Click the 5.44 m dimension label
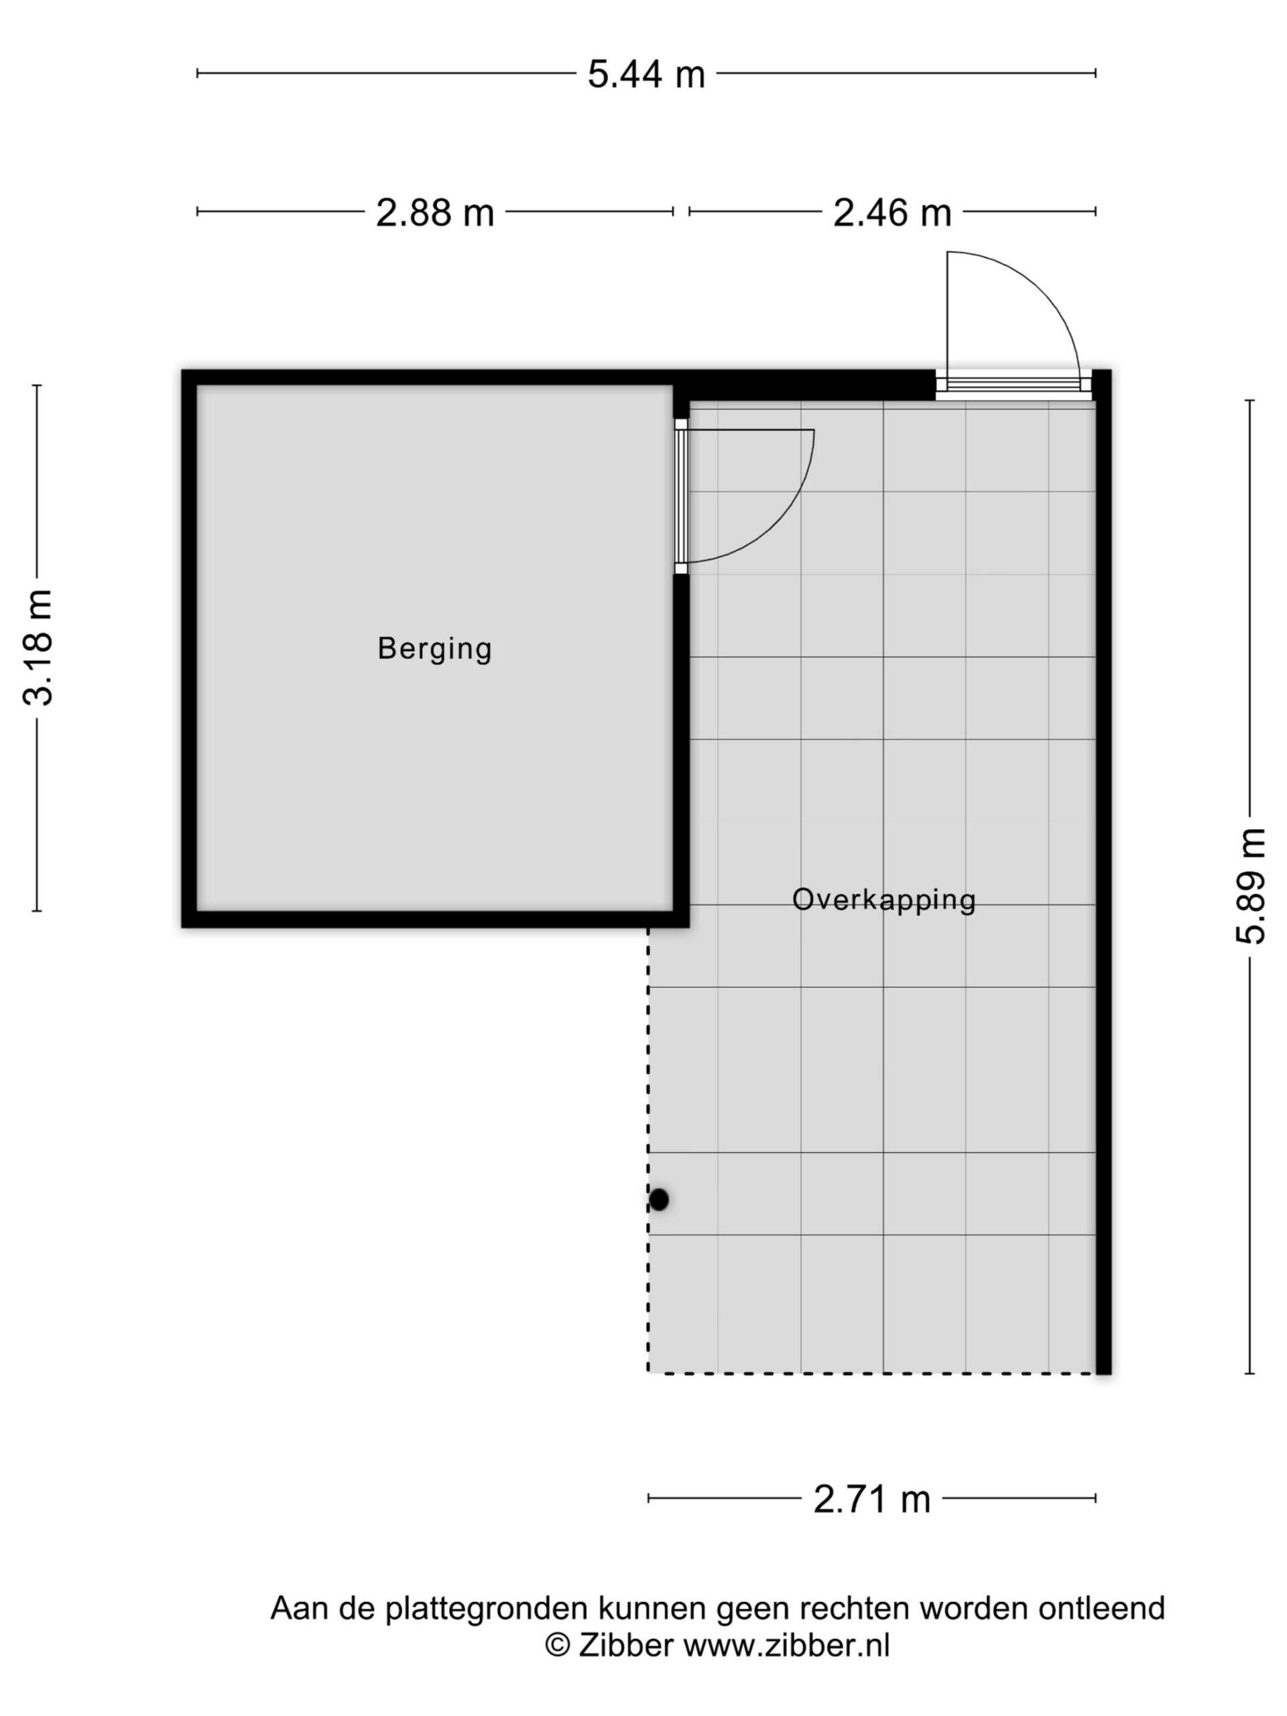click(646, 75)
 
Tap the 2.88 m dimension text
click(434, 212)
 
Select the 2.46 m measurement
click(892, 212)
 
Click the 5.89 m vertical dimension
click(1249, 886)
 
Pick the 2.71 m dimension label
click(871, 1499)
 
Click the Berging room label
click(434, 649)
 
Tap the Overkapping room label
click(883, 899)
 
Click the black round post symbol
click(659, 1199)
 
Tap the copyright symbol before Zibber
click(557, 1645)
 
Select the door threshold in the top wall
click(1012, 385)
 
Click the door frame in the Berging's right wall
click(680, 497)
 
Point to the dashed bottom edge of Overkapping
click(871, 1374)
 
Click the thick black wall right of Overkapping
click(1103, 872)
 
